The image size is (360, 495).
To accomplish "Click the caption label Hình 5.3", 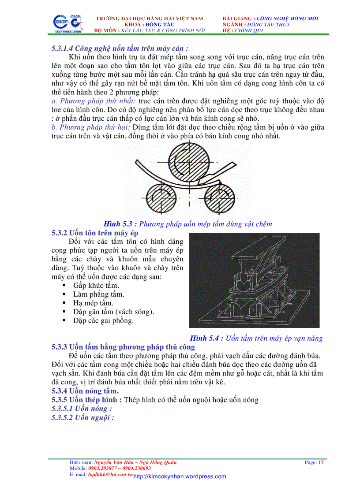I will (x=120, y=224).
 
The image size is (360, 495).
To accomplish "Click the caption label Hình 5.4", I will (x=206, y=339).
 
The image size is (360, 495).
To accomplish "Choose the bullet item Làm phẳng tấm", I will (x=99, y=294).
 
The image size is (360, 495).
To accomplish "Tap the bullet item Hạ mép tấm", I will (x=93, y=303).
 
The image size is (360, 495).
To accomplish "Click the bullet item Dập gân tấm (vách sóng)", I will (x=114, y=312).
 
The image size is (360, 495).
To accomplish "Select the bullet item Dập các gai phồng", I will (x=103, y=320).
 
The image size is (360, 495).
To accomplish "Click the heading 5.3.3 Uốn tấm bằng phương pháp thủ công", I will (x=123, y=347).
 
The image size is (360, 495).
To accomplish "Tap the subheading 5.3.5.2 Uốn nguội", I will (x=83, y=417).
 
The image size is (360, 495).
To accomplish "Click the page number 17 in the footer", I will (x=321, y=462).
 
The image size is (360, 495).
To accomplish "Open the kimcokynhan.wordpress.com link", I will (x=180, y=476).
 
